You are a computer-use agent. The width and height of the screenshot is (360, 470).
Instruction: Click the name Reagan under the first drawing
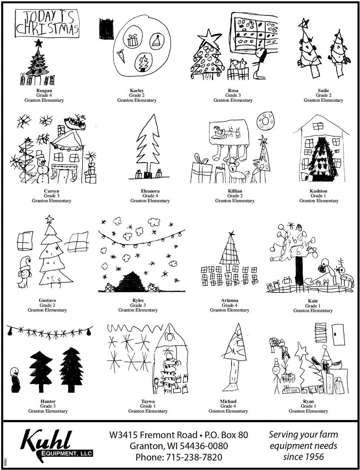tap(44, 91)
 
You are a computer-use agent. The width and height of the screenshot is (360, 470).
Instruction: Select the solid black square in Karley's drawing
tap(104, 28)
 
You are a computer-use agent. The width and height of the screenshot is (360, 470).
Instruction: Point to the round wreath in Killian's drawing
tap(266, 120)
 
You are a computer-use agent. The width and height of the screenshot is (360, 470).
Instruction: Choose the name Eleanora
tap(150, 191)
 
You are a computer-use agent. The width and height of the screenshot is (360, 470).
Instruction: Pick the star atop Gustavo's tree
tap(50, 219)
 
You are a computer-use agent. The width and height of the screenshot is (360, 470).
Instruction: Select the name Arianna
tap(230, 300)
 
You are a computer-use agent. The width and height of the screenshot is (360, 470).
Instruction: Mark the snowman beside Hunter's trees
tap(15, 379)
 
